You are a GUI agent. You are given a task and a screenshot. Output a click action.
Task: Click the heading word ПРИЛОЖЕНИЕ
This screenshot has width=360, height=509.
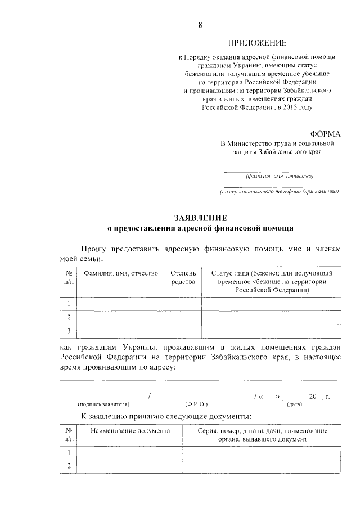[x=256, y=43]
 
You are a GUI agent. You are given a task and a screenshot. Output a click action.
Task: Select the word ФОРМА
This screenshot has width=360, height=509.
[x=326, y=133]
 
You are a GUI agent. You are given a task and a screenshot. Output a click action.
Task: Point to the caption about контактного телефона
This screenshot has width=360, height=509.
[x=279, y=192]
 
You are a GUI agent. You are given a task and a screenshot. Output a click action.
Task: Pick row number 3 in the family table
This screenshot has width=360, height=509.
[x=69, y=330]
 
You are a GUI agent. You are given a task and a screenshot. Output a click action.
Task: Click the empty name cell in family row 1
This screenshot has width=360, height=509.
[x=120, y=304]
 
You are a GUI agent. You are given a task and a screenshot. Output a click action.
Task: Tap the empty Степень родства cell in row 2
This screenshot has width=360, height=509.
[x=183, y=317]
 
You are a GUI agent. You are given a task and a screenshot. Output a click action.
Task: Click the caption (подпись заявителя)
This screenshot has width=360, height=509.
[x=103, y=404]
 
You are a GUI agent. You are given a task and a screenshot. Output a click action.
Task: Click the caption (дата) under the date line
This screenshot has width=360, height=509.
[x=294, y=404]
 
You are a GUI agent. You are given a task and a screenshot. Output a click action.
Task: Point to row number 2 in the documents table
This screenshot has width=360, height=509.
[x=69, y=466]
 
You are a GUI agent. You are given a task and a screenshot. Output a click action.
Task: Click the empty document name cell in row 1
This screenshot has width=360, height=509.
[x=129, y=453]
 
